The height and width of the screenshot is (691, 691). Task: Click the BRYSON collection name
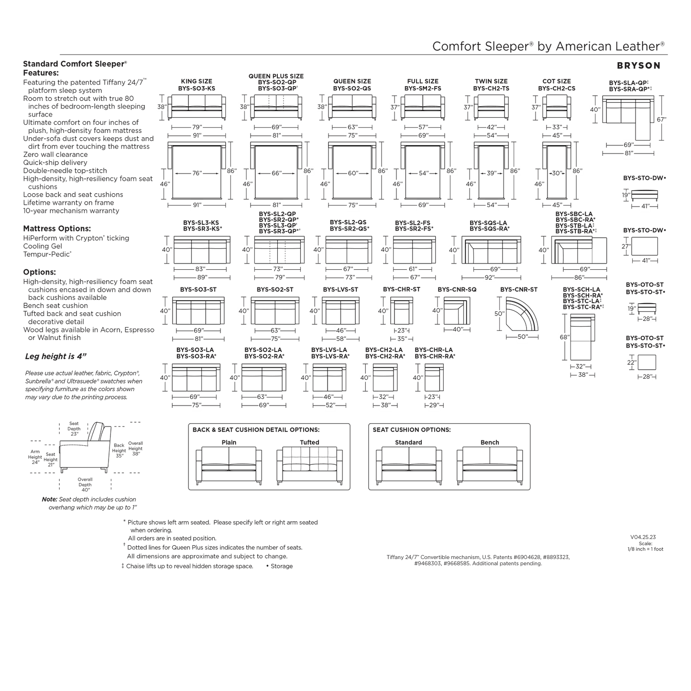(x=638, y=66)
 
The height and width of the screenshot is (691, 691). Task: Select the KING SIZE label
(x=197, y=81)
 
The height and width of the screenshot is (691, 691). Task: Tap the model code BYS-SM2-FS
(x=423, y=88)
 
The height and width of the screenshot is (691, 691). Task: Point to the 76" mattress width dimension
(x=197, y=173)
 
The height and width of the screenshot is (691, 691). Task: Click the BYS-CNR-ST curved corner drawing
(x=522, y=313)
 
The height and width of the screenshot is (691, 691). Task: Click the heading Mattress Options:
(x=57, y=229)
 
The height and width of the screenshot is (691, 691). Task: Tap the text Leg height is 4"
(x=56, y=356)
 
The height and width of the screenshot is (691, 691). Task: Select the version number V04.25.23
(x=643, y=537)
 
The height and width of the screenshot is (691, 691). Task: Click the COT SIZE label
(x=557, y=81)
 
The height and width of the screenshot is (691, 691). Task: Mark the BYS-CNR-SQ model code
(x=457, y=290)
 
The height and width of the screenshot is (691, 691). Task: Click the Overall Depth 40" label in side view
(x=85, y=484)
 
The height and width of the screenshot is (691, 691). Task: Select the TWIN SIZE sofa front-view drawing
(x=491, y=107)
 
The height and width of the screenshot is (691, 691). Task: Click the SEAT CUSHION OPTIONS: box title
(x=412, y=429)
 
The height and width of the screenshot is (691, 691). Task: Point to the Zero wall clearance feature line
(x=55, y=154)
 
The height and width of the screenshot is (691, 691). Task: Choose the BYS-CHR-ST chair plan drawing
(x=402, y=311)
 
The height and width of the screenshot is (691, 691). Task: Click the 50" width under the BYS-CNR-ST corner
(x=523, y=337)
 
